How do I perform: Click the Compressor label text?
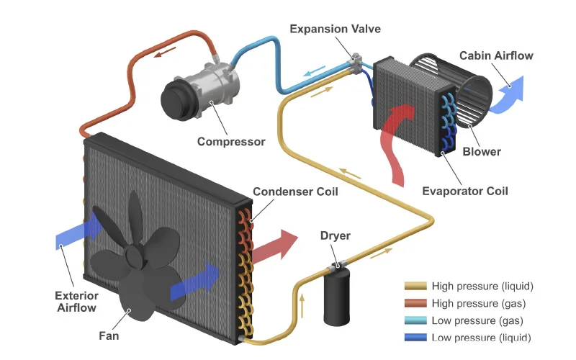pos(231,141)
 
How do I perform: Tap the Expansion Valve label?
pos(335,29)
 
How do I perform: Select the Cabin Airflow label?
pos(496,55)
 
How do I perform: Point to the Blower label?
pos(482,151)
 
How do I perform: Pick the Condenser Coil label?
pos(295,192)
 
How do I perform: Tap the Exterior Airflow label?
pos(77,302)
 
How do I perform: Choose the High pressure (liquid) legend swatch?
pos(415,287)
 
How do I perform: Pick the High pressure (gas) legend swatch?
pos(415,303)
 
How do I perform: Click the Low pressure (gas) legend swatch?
pos(415,320)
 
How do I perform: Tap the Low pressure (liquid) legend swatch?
pos(415,338)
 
